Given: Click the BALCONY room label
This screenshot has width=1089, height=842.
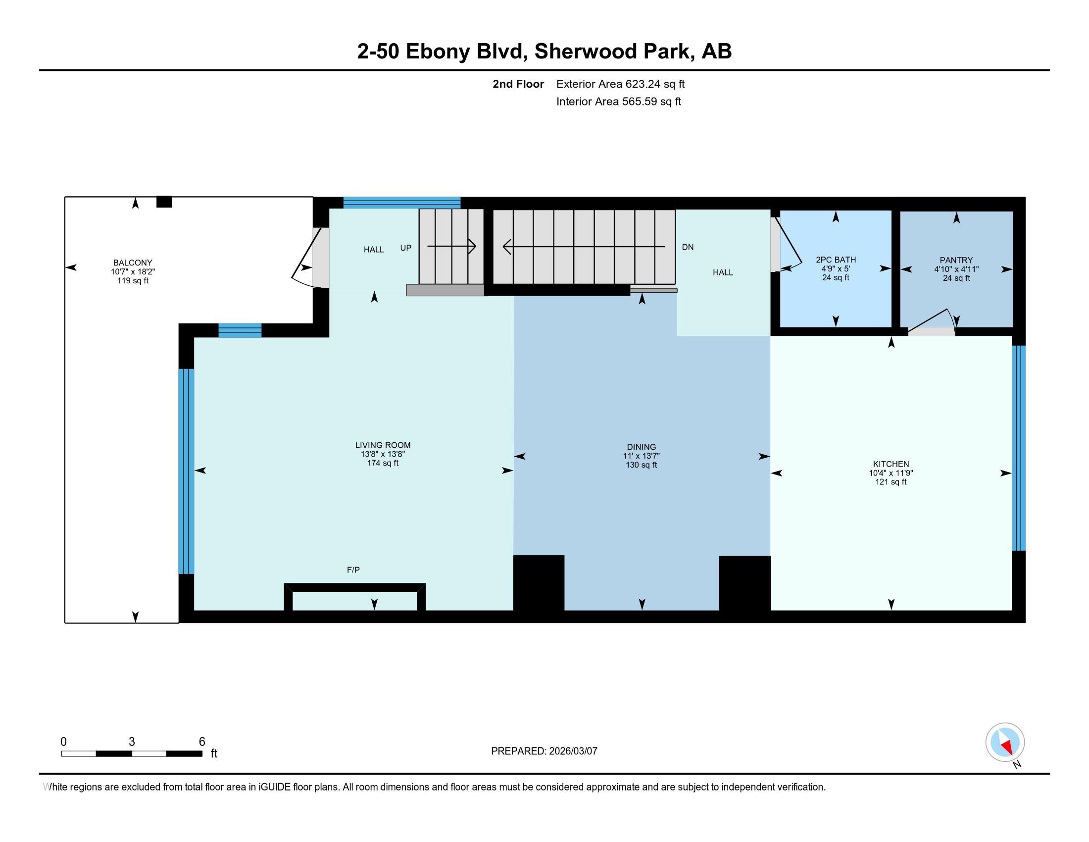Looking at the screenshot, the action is (133, 263).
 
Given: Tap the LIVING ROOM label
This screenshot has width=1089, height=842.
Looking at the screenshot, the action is (383, 445).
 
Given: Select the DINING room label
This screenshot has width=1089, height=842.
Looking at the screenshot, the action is (642, 447).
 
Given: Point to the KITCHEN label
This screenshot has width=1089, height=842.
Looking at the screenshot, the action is (891, 464).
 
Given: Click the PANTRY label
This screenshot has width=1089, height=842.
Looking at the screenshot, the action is (956, 260).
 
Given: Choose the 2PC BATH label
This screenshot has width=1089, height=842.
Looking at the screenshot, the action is (836, 260).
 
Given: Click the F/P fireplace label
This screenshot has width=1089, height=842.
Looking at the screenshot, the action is (353, 570).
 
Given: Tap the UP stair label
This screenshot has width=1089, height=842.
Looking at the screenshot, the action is (406, 248).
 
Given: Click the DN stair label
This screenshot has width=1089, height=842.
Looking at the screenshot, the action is (688, 247).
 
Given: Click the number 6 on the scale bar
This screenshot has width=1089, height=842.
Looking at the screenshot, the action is (202, 741).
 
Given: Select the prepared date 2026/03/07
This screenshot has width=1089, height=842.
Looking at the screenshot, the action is (572, 751).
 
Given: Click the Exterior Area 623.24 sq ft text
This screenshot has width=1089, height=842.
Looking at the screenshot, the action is (620, 84).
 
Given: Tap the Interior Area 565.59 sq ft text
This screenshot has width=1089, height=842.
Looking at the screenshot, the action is (618, 101).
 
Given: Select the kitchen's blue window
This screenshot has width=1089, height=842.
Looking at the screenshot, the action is (1018, 448).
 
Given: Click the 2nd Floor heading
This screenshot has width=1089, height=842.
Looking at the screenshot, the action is (518, 84).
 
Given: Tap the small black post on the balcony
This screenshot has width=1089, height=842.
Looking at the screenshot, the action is (164, 202).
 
